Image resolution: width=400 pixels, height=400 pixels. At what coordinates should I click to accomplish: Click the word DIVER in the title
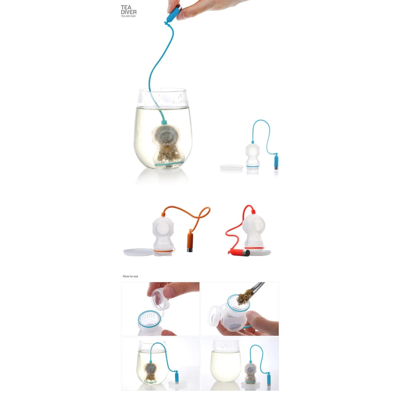[x=128, y=12]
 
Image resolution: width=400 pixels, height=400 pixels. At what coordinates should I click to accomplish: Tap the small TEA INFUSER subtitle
[x=129, y=16]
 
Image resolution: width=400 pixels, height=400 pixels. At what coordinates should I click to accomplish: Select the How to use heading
[x=130, y=276]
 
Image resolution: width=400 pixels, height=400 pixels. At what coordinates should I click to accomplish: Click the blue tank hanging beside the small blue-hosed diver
[x=276, y=162]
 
